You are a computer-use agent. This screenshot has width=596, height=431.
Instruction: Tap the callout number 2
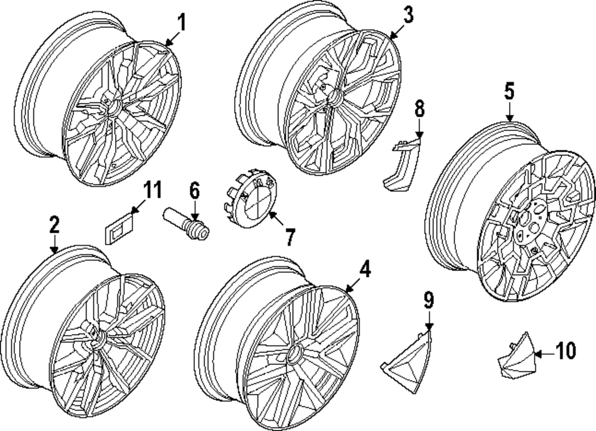54,225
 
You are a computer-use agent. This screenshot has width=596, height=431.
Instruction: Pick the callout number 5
510,91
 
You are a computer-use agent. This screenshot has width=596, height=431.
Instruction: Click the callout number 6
194,191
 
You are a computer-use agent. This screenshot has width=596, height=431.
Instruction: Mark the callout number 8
420,109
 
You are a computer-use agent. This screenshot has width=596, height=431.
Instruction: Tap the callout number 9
429,299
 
